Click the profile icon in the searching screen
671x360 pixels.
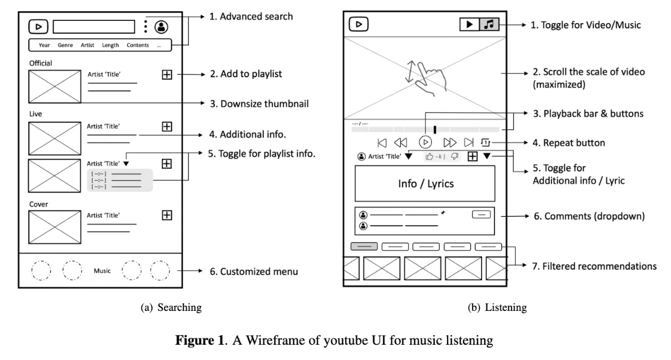[161, 27]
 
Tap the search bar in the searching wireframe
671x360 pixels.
[94, 27]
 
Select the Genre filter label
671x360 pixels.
[65, 45]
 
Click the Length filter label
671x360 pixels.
[111, 45]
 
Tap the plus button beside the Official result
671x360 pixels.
[167, 74]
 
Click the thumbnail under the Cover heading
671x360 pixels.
[55, 227]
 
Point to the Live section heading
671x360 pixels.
[36, 114]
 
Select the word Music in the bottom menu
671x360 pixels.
[102, 270]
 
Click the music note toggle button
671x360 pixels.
[489, 24]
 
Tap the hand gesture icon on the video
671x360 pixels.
[426, 78]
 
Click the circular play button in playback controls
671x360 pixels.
[425, 142]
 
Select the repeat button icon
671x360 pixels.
[485, 142]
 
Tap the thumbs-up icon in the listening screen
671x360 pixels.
[429, 157]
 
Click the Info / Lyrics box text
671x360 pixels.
[426, 183]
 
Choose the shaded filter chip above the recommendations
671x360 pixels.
[364, 246]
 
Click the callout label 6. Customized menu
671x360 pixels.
[254, 271]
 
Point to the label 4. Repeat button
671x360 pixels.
[569, 143]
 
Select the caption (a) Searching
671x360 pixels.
[171, 308]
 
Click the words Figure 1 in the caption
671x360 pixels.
[200, 340]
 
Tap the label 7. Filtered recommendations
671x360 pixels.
[594, 266]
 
